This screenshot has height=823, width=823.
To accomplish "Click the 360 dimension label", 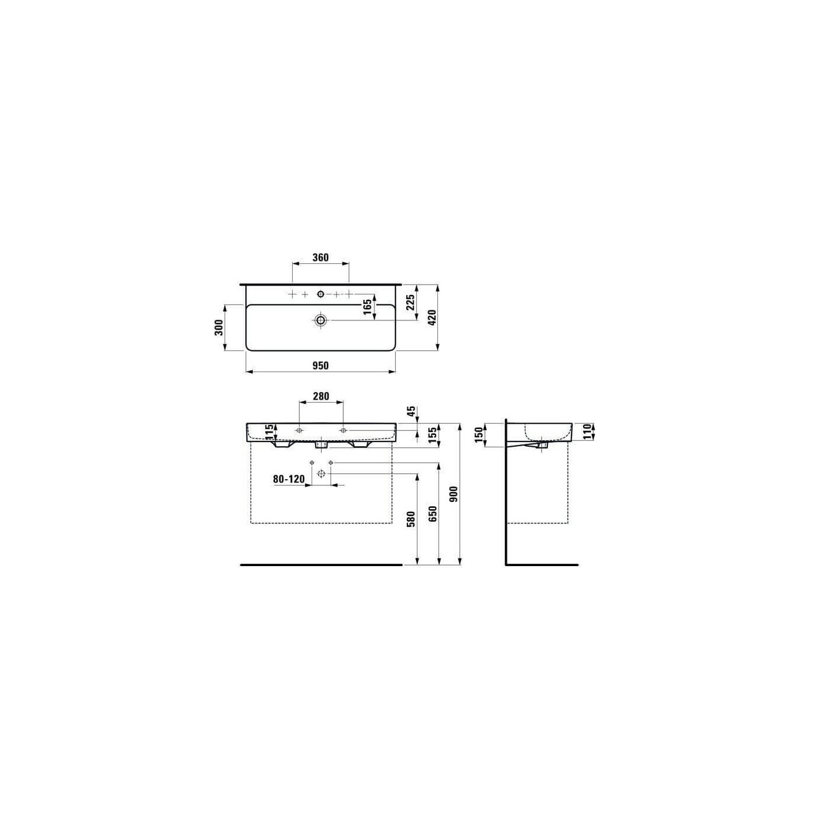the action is (320, 257).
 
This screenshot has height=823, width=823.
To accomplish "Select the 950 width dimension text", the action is (320, 366).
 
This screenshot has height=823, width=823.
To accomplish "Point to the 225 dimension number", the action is (410, 304).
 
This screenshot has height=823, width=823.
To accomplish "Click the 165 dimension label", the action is (367, 307).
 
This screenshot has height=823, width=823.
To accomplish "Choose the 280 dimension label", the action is (321, 396).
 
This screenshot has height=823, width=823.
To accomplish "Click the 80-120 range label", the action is (289, 479).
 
